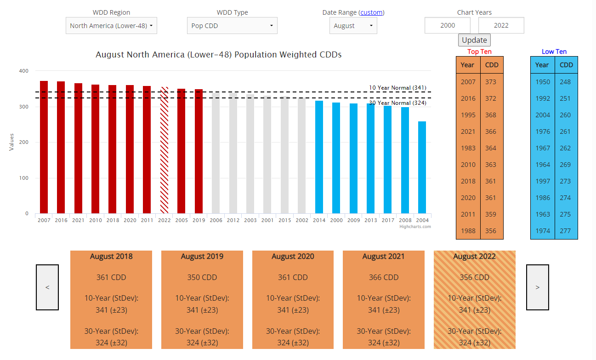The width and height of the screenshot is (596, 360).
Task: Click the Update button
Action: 474,40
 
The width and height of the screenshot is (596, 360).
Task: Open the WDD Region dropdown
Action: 111,26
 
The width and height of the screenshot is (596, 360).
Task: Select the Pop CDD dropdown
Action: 232,26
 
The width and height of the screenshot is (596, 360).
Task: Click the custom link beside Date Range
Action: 371,12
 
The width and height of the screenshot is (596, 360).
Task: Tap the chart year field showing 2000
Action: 448,26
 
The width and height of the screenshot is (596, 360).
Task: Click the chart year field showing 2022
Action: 501,26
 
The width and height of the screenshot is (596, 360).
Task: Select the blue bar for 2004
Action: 422,167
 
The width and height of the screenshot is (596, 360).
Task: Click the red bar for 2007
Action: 44,147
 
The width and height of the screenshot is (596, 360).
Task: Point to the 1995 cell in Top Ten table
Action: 468,115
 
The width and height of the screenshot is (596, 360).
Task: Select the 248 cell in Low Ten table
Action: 565,82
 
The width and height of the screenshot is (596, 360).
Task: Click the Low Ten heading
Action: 554,51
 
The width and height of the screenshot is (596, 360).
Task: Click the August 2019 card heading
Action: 202,257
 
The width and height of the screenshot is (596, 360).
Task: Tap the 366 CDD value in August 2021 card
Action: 384,277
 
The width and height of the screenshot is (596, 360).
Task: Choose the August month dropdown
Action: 353,26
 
